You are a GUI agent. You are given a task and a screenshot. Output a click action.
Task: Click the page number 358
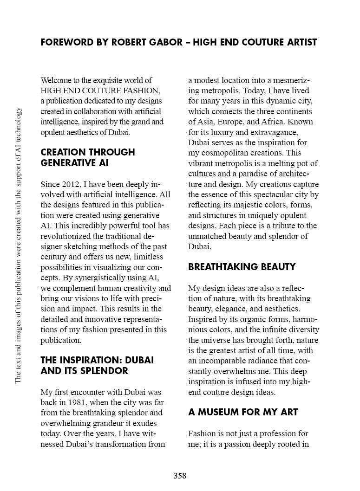[180, 476]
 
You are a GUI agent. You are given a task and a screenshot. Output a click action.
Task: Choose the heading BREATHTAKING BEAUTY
[242, 267]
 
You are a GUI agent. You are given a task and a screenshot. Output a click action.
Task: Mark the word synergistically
[98, 278]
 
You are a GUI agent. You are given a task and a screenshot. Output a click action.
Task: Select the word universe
[218, 340]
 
